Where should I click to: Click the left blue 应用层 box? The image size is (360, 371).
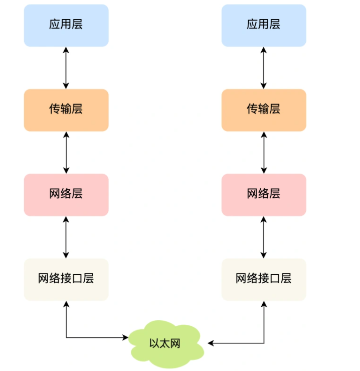pyautogui.click(x=66, y=25)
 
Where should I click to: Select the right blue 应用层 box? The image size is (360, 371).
pyautogui.click(x=264, y=25)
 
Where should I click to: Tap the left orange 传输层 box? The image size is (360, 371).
pyautogui.click(x=66, y=110)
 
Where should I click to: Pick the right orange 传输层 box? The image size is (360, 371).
pyautogui.click(x=264, y=110)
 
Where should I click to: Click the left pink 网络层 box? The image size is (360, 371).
pyautogui.click(x=66, y=195)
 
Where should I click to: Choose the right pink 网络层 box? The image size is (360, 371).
pyautogui.click(x=264, y=195)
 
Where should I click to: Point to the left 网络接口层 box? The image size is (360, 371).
pyautogui.click(x=66, y=280)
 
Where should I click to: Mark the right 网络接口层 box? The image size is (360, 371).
pyautogui.click(x=264, y=280)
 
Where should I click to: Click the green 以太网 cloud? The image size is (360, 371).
pyautogui.click(x=165, y=343)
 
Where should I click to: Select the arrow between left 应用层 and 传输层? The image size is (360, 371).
pyautogui.click(x=66, y=68)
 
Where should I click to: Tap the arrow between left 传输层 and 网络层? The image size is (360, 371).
pyautogui.click(x=66, y=153)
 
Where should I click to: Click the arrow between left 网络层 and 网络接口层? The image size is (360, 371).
pyautogui.click(x=66, y=237)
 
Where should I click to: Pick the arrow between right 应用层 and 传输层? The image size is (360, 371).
pyautogui.click(x=264, y=68)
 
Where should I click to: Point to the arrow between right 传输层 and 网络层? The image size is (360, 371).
pyautogui.click(x=264, y=153)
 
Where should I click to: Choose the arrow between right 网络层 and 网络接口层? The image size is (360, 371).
pyautogui.click(x=264, y=237)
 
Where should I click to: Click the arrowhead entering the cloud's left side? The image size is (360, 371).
pyautogui.click(x=126, y=337)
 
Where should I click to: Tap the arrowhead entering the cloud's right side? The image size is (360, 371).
pyautogui.click(x=211, y=343)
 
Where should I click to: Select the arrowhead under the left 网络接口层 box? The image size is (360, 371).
pyautogui.click(x=66, y=304)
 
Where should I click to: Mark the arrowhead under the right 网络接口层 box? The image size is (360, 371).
pyautogui.click(x=264, y=304)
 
